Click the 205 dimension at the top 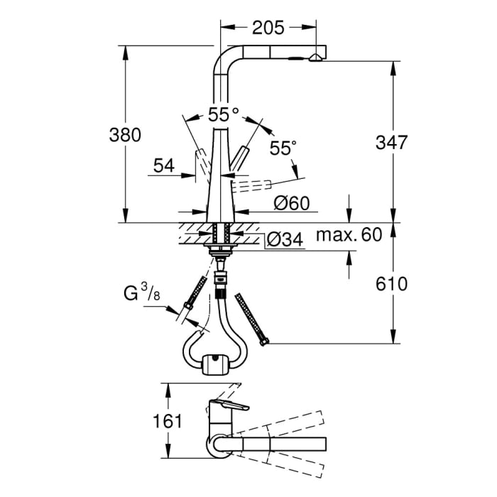(x=268, y=28)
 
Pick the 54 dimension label (x=163, y=166)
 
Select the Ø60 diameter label (x=291, y=203)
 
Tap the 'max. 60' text (x=349, y=234)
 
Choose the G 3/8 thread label (x=141, y=292)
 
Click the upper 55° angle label (x=224, y=114)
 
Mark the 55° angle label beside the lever (x=283, y=148)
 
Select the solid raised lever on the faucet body (x=242, y=158)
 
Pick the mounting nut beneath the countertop (x=219, y=248)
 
